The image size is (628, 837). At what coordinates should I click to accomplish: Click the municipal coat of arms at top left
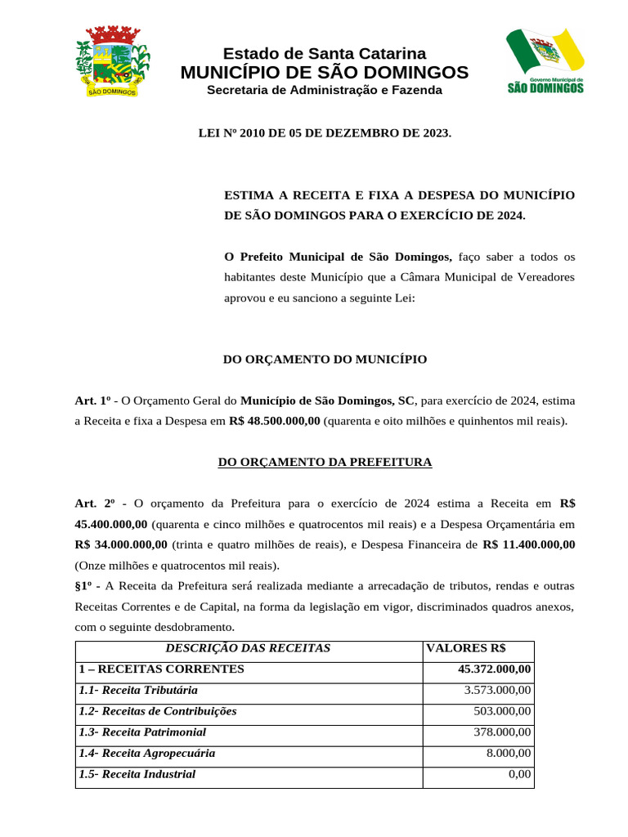click(x=113, y=61)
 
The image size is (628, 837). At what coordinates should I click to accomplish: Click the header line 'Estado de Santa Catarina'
click(x=325, y=54)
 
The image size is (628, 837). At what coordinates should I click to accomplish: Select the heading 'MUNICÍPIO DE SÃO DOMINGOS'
click(x=325, y=73)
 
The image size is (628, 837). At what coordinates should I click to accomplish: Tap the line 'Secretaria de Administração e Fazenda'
click(x=325, y=90)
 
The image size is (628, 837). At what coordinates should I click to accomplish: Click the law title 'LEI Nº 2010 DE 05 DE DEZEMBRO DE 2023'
click(x=325, y=132)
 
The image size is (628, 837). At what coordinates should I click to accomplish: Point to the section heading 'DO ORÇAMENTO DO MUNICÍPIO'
click(x=325, y=360)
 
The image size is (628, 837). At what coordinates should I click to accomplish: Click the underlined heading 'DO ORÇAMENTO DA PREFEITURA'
click(x=325, y=463)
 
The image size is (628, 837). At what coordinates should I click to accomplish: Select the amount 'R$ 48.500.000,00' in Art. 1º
click(x=275, y=422)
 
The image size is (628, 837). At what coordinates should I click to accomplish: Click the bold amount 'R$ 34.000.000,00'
click(x=121, y=544)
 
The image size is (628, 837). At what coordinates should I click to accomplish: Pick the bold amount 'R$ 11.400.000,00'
click(x=529, y=544)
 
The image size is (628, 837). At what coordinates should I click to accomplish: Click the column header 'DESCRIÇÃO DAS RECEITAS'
click(x=248, y=648)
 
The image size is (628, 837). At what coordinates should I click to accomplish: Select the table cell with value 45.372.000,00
click(x=495, y=669)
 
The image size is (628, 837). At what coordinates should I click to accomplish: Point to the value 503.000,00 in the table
click(x=503, y=711)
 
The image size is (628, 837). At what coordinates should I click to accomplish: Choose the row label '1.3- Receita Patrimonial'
click(x=142, y=732)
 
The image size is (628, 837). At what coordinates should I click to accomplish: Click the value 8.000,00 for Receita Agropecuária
click(x=508, y=754)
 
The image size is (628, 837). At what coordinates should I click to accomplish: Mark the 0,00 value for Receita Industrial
click(x=519, y=775)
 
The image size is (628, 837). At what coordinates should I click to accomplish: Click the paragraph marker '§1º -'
click(x=87, y=586)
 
